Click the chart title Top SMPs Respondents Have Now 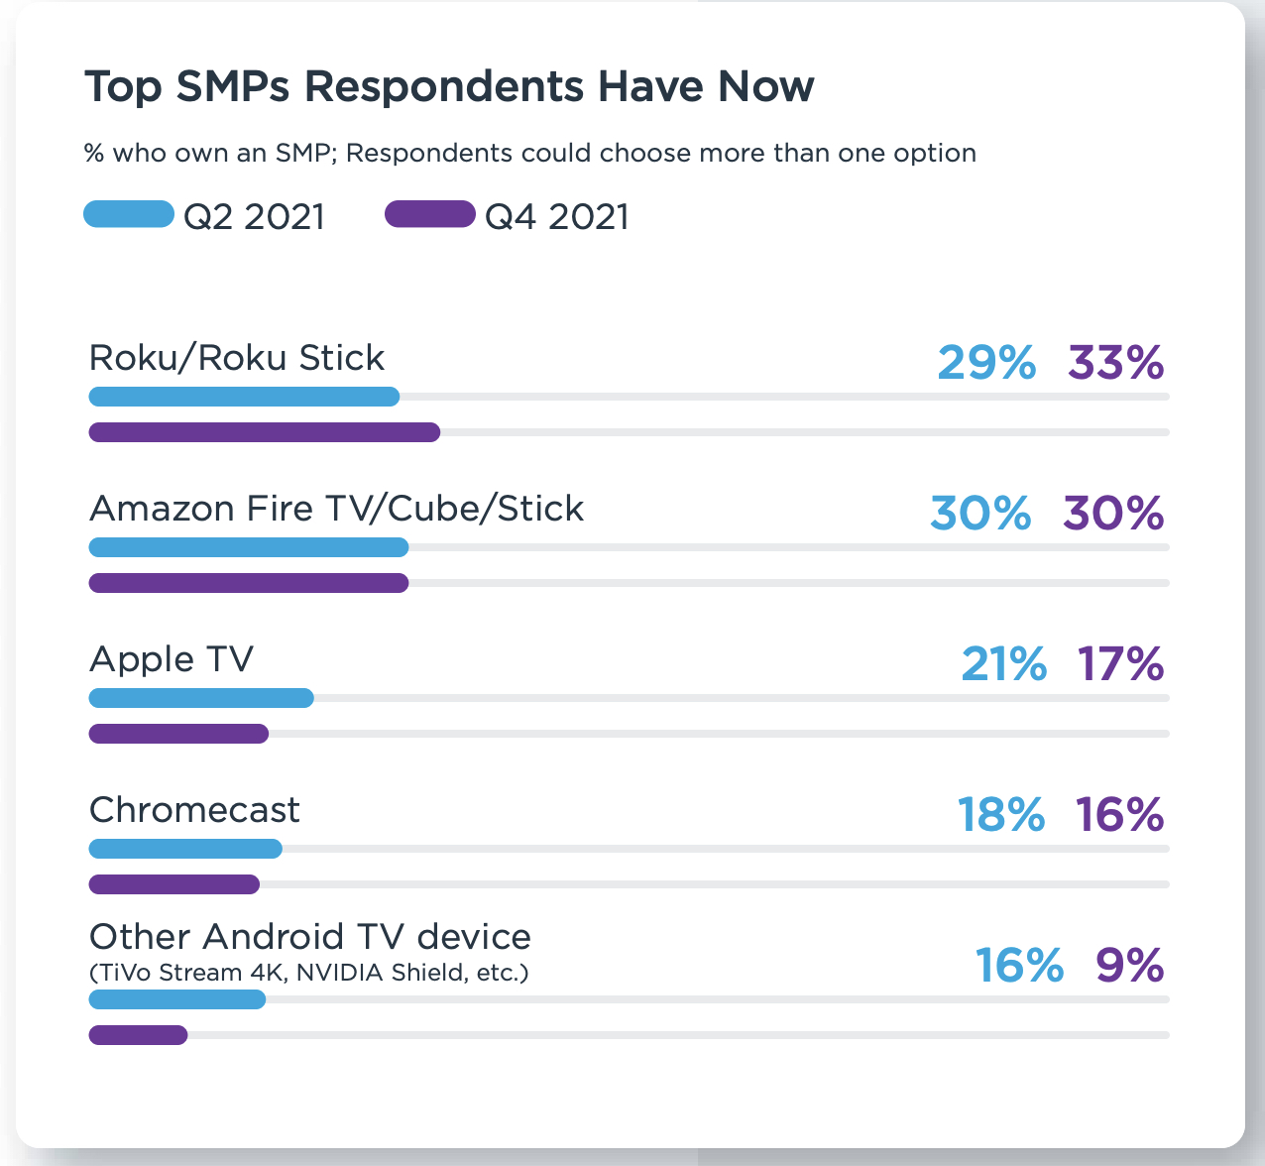[449, 87]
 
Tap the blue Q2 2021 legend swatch [129, 214]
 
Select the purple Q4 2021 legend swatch [430, 214]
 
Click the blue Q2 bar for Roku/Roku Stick [244, 397]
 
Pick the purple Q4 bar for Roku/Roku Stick [265, 432]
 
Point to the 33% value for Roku [1115, 363]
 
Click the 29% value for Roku [986, 363]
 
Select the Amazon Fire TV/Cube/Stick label [336, 509]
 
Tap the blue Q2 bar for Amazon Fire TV [249, 547]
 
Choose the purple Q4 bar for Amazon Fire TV [249, 583]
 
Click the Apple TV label [172, 659]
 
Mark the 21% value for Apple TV [1003, 664]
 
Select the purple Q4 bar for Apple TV [178, 734]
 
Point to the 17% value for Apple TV [1120, 664]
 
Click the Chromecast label [194, 810]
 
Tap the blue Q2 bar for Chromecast [185, 849]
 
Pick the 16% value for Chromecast [1119, 815]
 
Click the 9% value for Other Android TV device [1129, 966]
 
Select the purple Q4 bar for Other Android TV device [138, 1035]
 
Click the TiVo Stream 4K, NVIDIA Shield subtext [309, 973]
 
